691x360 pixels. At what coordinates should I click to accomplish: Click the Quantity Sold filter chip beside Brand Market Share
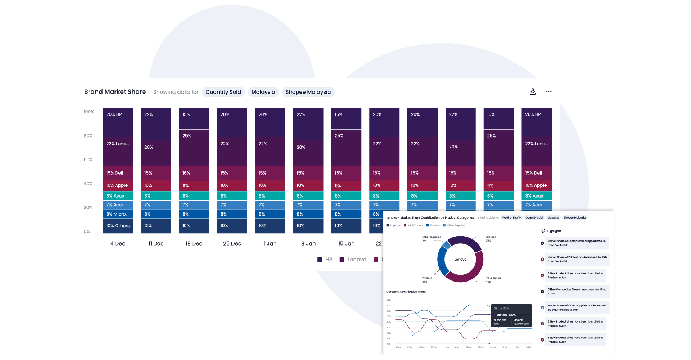[x=223, y=92]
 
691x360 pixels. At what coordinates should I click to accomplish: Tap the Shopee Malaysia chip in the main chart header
[x=308, y=92]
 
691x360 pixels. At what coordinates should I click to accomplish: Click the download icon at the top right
[x=533, y=92]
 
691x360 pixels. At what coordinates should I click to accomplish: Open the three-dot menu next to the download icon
[x=548, y=92]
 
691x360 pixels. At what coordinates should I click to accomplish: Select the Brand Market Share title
[x=115, y=92]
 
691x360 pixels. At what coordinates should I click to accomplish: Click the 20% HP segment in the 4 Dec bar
[x=118, y=122]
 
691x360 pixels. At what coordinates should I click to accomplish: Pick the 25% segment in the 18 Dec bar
[x=194, y=147]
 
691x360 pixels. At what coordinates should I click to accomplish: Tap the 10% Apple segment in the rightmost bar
[x=536, y=185]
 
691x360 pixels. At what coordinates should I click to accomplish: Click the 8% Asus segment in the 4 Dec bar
[x=118, y=196]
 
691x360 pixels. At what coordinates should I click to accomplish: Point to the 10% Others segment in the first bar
[x=118, y=226]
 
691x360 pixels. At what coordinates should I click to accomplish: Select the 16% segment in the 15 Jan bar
[x=346, y=173]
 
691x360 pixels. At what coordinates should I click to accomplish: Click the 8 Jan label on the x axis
[x=308, y=244]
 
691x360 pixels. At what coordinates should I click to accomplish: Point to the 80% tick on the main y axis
[x=88, y=136]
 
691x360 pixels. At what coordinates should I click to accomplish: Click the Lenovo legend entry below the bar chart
[x=353, y=260]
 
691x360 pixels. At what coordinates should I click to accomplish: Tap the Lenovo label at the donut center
[x=460, y=260]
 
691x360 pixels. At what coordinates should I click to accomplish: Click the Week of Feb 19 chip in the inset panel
[x=511, y=217]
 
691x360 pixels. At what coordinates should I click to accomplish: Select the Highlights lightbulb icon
[x=543, y=231]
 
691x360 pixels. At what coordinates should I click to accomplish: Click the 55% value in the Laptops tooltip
[x=512, y=315]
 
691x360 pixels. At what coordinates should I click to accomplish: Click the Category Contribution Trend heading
[x=406, y=292]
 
